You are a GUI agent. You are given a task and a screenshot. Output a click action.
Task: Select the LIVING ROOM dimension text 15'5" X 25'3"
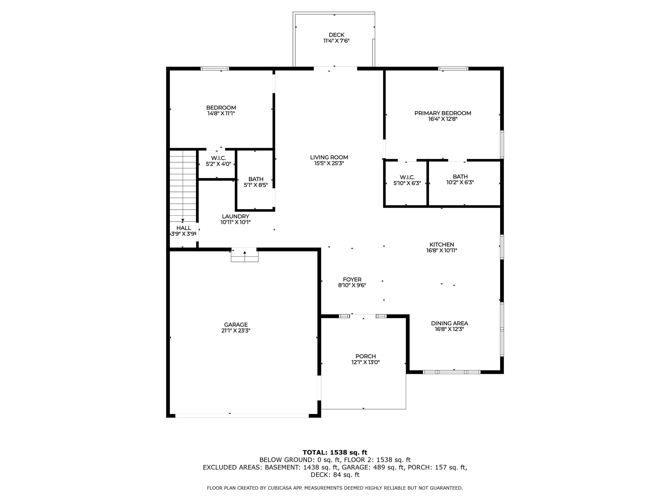[329, 163]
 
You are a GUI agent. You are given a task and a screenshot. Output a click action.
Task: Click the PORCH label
[366, 357]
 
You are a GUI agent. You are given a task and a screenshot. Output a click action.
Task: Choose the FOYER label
[352, 280]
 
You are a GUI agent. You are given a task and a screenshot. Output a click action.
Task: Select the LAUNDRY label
[236, 216]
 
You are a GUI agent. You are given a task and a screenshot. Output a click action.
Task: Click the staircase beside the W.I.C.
[183, 187]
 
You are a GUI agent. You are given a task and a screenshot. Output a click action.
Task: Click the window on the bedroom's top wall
[215, 68]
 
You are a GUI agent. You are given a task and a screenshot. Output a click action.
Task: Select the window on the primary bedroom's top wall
[453, 68]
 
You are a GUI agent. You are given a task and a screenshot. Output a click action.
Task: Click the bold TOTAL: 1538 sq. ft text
[335, 453]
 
